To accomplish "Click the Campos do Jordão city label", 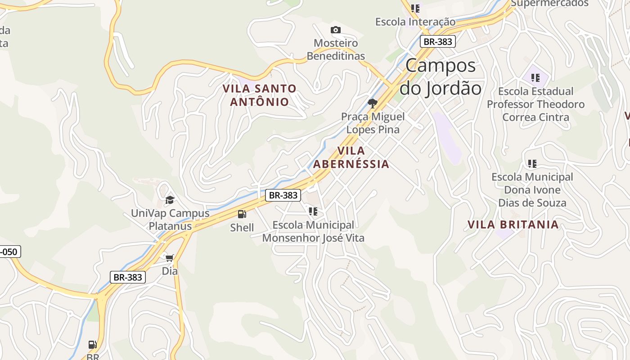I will pyautogui.click(x=440, y=77).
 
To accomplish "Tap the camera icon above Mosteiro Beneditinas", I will pyautogui.click(x=335, y=30).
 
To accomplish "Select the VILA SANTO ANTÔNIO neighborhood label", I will pyautogui.click(x=260, y=95).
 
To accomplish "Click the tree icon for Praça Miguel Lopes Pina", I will pyautogui.click(x=372, y=103).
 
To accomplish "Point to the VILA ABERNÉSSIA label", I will pyautogui.click(x=351, y=157).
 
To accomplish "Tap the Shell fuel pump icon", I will pyautogui.click(x=242, y=214).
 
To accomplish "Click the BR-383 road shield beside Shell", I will pyautogui.click(x=283, y=195).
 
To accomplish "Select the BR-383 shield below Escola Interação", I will pyautogui.click(x=438, y=42).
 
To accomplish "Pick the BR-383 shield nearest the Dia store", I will pyautogui.click(x=128, y=277).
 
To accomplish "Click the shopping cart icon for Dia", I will pyautogui.click(x=170, y=258).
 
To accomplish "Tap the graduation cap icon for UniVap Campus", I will pyautogui.click(x=170, y=200).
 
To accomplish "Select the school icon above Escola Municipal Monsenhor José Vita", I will pyautogui.click(x=313, y=211).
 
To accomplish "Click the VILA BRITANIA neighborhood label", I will pyautogui.click(x=513, y=225).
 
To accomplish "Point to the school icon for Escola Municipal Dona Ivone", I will pyautogui.click(x=532, y=164).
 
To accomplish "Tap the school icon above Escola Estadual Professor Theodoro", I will pyautogui.click(x=535, y=78).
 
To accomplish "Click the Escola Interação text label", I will pyautogui.click(x=415, y=22).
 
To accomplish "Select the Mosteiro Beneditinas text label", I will pyautogui.click(x=335, y=49).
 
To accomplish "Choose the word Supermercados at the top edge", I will pyautogui.click(x=549, y=4).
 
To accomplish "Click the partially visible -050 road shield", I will pyautogui.click(x=9, y=252).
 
